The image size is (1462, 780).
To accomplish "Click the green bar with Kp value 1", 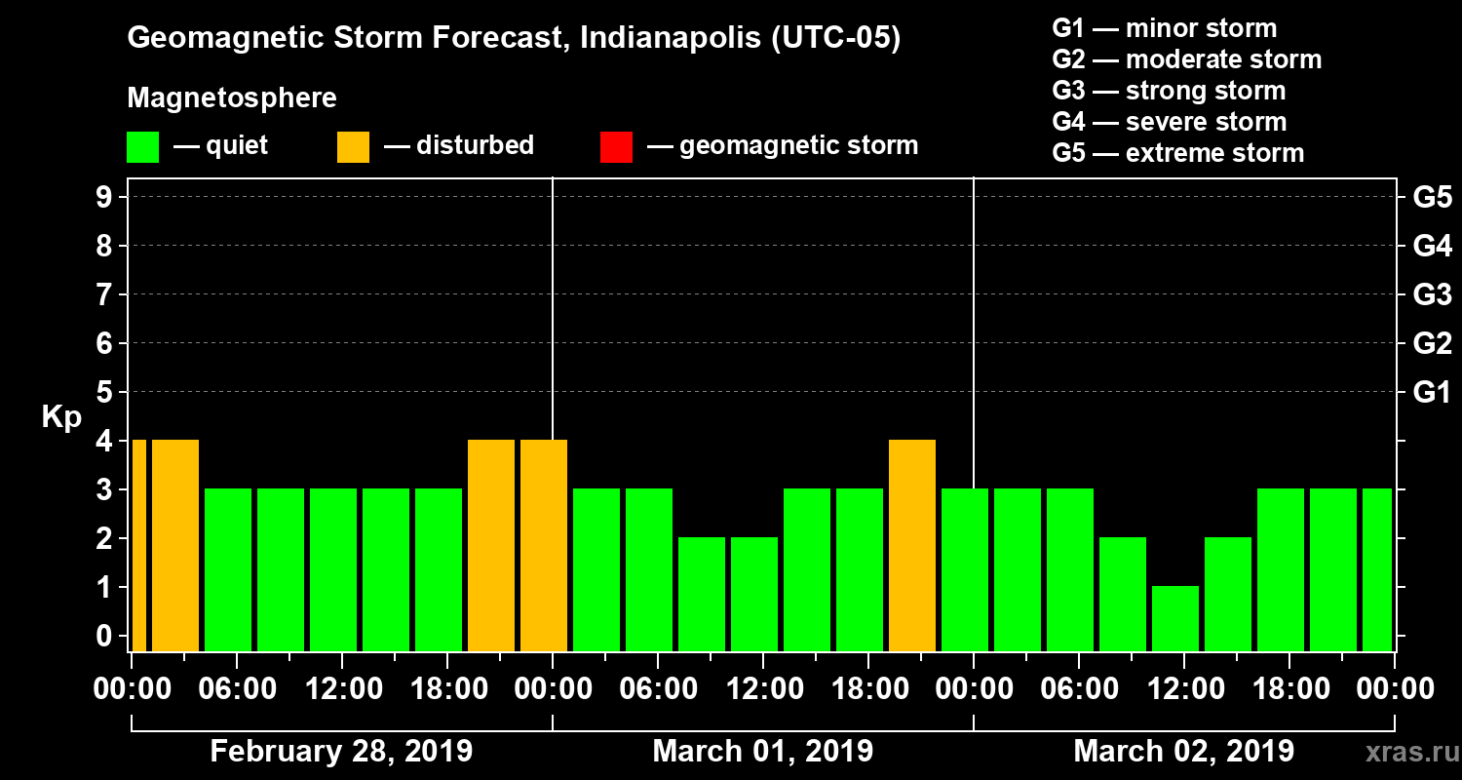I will (x=1174, y=618).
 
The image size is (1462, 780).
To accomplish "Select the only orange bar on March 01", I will (x=912, y=545).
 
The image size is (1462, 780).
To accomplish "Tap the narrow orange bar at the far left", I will (x=138, y=545).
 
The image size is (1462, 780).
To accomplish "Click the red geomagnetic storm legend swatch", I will (x=616, y=147).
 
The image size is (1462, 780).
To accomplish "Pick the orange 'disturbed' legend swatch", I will (x=353, y=147).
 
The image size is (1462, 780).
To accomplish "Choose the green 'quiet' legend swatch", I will (x=142, y=147).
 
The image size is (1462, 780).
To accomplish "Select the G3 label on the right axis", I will (x=1432, y=294).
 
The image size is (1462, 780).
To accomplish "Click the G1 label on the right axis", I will (x=1432, y=393).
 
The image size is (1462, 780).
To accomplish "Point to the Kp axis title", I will (x=60, y=416).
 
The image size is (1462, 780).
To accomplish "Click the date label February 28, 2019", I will (x=341, y=752).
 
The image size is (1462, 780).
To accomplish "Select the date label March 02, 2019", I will (x=1183, y=752).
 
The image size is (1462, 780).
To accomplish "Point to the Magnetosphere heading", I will (x=232, y=98).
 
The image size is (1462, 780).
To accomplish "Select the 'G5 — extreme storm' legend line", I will (x=1177, y=153).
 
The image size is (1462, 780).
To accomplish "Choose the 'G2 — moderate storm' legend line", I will (x=1186, y=59).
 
